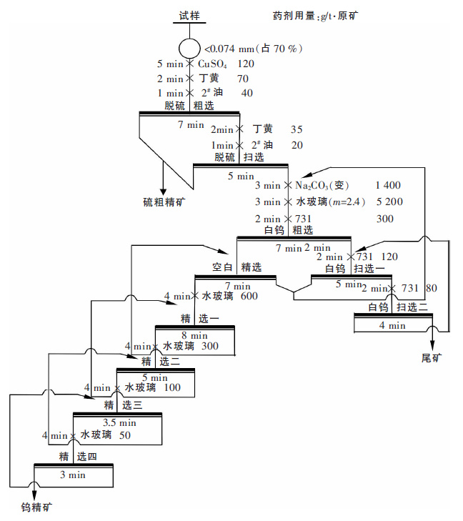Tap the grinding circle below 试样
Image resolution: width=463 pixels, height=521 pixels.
[x=189, y=49]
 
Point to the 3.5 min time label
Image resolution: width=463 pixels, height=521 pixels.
[x=119, y=422]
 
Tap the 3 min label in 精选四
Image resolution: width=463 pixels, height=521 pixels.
[x=73, y=475]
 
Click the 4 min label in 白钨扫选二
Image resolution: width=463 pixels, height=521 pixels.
[x=392, y=325]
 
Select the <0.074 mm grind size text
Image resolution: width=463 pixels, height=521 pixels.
[x=254, y=49]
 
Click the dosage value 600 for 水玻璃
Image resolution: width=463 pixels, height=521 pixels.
[x=249, y=296]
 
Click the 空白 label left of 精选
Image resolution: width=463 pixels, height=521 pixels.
[x=223, y=267]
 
